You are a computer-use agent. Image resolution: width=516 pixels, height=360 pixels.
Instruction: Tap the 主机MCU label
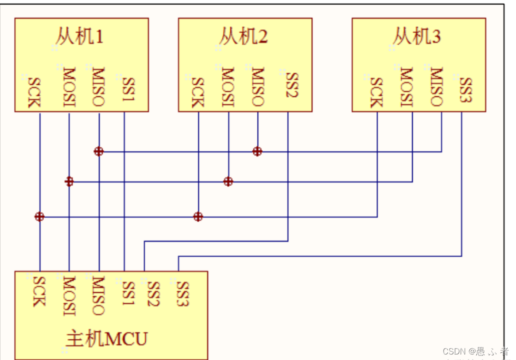tap(107, 339)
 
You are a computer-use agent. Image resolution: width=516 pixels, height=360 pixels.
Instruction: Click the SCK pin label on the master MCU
tap(40, 291)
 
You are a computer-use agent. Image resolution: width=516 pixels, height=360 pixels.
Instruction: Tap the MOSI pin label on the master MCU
tap(69, 295)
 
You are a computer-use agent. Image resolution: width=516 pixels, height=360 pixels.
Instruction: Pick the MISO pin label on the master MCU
tap(99, 295)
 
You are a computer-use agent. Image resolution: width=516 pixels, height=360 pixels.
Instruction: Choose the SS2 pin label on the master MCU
tap(153, 294)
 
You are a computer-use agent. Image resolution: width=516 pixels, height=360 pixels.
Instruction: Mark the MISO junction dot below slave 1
tap(98, 151)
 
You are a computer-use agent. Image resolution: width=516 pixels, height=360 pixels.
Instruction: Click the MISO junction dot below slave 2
tap(257, 151)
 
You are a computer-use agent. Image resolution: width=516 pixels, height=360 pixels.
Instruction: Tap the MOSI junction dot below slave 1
tap(69, 182)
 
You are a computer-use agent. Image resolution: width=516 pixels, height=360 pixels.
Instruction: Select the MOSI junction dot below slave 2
tap(228, 182)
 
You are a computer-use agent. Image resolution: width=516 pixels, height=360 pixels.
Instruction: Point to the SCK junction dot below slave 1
tap(39, 216)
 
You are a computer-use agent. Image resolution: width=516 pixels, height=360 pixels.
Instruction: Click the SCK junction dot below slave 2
tap(198, 216)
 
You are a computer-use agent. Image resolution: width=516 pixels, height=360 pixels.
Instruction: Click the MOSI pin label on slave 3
tap(406, 87)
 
